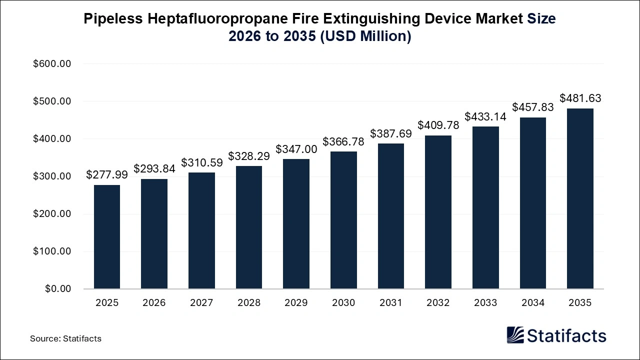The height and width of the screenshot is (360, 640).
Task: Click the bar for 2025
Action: pyautogui.click(x=107, y=236)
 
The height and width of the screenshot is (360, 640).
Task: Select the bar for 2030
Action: pyautogui.click(x=343, y=220)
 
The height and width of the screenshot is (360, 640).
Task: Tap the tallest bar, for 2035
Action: pyautogui.click(x=580, y=198)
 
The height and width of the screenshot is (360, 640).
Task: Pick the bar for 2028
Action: pyautogui.click(x=249, y=227)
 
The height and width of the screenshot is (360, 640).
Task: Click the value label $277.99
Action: pyautogui.click(x=107, y=174)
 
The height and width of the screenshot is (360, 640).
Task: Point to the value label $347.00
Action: pyautogui.click(x=296, y=149)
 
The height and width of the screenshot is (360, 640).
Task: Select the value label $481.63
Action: pyautogui.click(x=580, y=98)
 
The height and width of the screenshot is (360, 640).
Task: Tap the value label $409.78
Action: pyautogui.click(x=438, y=124)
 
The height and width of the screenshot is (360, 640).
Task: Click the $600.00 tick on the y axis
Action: pyautogui.click(x=52, y=64)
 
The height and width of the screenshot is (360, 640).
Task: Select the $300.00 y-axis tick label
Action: pyautogui.click(x=52, y=176)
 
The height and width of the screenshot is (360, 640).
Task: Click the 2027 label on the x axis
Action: pyautogui.click(x=201, y=303)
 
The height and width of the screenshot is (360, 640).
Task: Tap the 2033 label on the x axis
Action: pyautogui.click(x=485, y=303)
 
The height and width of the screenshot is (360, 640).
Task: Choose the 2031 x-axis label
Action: pyautogui.click(x=390, y=303)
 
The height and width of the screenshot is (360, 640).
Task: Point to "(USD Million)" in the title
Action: pyautogui.click(x=365, y=36)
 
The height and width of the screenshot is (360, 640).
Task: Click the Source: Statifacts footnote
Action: pyautogui.click(x=65, y=338)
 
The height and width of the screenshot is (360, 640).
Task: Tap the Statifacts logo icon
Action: pyautogui.click(x=515, y=335)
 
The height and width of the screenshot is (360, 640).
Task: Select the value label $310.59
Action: pyautogui.click(x=201, y=162)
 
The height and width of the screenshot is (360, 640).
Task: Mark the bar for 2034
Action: pyautogui.click(x=532, y=203)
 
